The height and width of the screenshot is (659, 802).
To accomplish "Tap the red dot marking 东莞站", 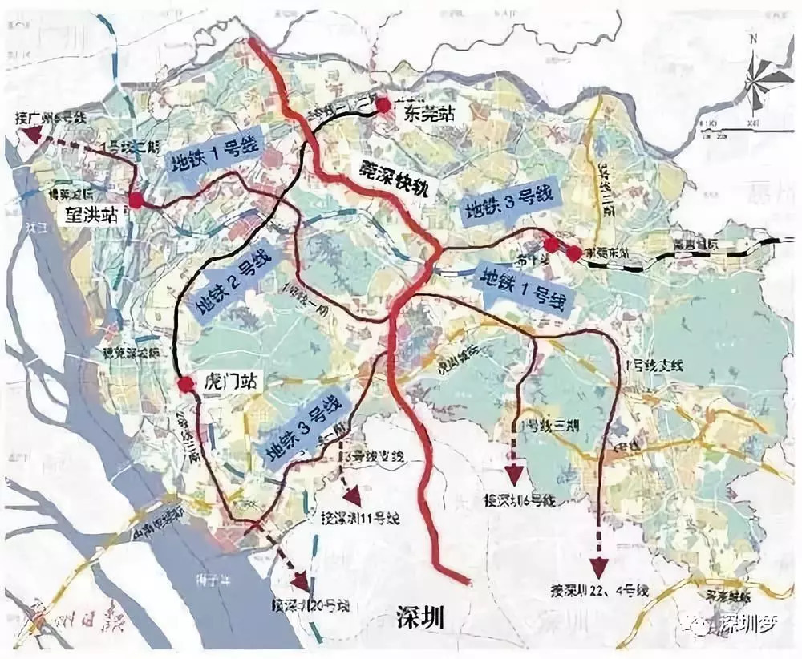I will pos(383,104).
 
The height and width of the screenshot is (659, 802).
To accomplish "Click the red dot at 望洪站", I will pos(136,200).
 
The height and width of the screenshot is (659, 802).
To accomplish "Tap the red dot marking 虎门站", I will pos(186,386).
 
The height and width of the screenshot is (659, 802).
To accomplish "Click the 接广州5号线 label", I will pos(51,118).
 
